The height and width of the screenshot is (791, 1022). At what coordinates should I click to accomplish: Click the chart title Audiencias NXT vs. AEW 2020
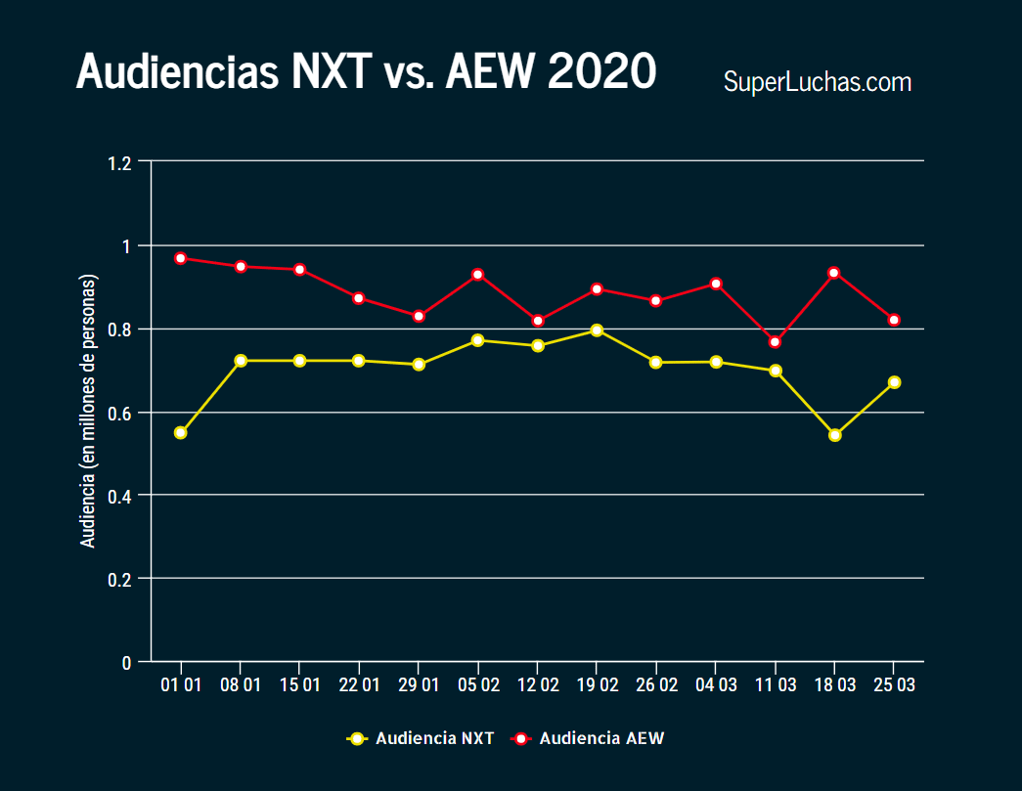(366, 71)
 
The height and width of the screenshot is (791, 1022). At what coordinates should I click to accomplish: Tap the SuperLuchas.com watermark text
(817, 82)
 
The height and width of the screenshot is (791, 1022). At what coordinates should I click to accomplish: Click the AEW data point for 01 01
(181, 258)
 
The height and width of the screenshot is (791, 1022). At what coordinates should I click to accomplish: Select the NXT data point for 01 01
(181, 432)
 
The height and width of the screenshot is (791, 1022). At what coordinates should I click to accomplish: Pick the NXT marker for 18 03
(834, 435)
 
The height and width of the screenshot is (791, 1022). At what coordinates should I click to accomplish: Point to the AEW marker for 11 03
(775, 342)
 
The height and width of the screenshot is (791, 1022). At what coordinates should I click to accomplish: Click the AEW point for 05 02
(478, 275)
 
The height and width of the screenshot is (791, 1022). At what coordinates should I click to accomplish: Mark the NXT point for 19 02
(597, 330)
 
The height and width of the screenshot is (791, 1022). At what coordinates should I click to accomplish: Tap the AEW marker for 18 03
(834, 273)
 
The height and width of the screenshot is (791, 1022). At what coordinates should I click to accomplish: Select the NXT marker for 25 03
(894, 382)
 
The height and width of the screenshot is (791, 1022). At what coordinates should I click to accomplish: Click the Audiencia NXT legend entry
(422, 738)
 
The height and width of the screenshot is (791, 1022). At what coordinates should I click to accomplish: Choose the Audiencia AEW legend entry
(589, 738)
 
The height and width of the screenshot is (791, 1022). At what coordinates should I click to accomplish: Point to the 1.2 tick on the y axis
(120, 162)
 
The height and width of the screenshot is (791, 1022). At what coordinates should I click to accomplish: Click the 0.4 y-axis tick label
(120, 496)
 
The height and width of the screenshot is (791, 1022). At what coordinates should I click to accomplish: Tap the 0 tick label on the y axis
(127, 663)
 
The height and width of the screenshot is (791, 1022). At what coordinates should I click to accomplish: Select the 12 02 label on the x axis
(538, 685)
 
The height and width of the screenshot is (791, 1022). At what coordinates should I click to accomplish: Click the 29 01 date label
(419, 685)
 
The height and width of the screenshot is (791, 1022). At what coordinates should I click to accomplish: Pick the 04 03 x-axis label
(716, 685)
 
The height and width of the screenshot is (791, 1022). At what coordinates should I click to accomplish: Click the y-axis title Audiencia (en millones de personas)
(88, 411)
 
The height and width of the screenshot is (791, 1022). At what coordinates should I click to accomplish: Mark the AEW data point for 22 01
(359, 298)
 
